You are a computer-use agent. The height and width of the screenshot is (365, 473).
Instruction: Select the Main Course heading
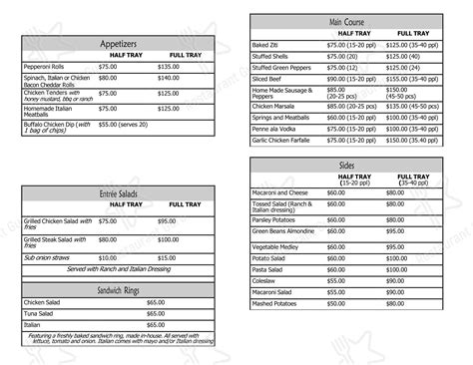(345, 22)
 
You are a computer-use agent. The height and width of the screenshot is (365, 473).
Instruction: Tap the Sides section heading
(345, 164)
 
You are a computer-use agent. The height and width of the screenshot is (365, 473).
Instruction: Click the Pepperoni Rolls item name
(44, 67)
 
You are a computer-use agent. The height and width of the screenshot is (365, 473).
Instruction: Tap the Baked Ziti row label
(265, 46)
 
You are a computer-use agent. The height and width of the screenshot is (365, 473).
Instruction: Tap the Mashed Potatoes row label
(274, 304)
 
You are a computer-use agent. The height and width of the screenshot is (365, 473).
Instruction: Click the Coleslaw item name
(264, 281)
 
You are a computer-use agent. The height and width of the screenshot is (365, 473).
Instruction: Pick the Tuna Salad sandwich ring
(41, 313)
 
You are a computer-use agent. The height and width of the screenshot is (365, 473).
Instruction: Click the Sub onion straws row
(50, 258)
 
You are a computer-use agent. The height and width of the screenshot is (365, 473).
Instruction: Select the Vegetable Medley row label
(275, 246)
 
